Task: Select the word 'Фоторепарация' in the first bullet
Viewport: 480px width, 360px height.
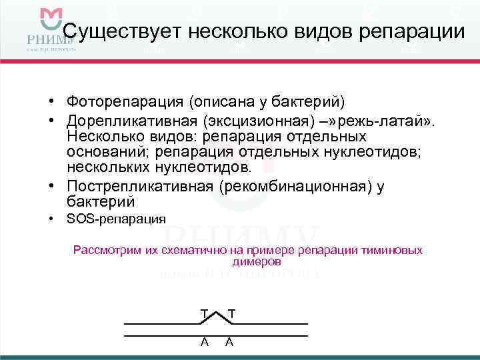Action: [x=125, y=102]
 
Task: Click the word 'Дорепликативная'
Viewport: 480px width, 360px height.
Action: [x=132, y=121]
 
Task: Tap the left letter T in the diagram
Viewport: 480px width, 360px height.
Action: [x=203, y=313]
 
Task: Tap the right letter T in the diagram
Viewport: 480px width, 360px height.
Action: [x=231, y=313]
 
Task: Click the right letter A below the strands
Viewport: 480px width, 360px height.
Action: [x=229, y=341]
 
